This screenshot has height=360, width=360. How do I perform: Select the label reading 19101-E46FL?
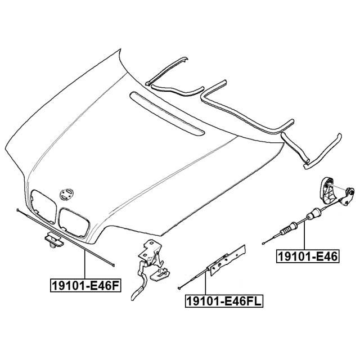click(x=224, y=302)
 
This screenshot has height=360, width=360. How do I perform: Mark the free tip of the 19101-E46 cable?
click(x=263, y=243)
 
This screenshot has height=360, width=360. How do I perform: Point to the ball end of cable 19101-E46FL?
click(x=178, y=289)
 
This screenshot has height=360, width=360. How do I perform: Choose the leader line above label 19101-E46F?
click(x=84, y=264)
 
